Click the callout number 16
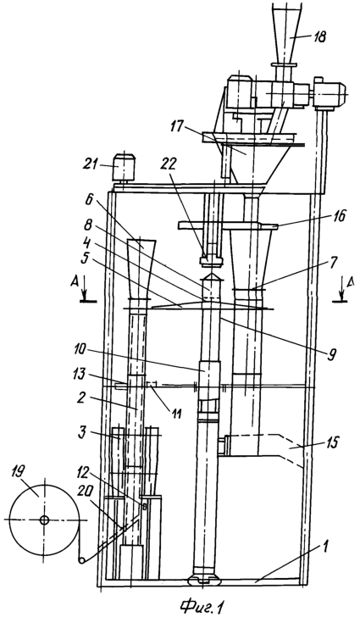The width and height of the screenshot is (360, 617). coord(340,215)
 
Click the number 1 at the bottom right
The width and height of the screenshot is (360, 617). coord(327,547)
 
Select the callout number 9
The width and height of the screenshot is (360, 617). coord(332,355)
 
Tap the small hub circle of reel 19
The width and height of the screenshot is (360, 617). coord(44,520)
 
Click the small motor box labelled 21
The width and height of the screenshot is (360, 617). coord(124,168)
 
